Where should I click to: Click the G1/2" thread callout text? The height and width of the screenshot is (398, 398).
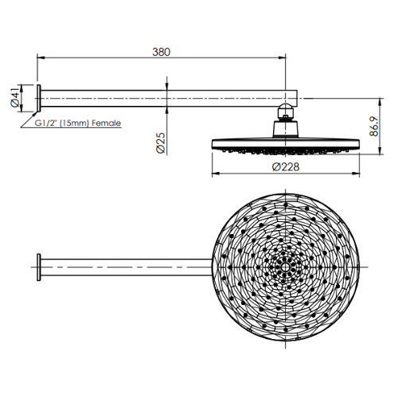(x=49, y=123)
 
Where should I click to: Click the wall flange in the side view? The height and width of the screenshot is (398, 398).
(x=38, y=98)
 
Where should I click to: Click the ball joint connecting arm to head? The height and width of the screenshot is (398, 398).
(x=286, y=111)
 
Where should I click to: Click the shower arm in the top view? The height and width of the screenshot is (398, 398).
(x=127, y=267)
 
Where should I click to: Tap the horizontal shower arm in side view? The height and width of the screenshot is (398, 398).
(x=159, y=98)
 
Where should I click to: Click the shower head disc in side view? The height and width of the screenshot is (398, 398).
(x=285, y=144)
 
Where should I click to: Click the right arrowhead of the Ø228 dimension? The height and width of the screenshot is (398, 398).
(x=357, y=173)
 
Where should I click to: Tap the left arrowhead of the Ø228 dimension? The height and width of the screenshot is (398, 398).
(x=214, y=173)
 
